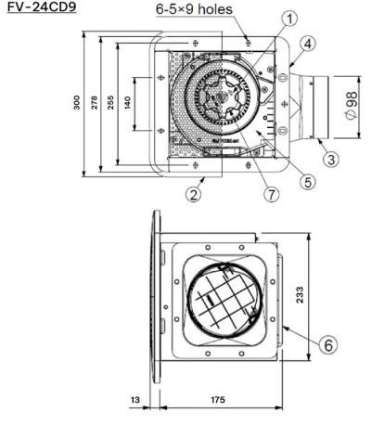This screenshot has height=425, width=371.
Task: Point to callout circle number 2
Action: [x=194, y=195]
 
